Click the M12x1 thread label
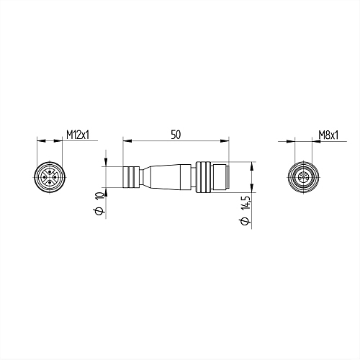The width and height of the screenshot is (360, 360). pyautogui.click(x=78, y=135)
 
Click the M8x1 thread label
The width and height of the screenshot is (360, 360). pyautogui.click(x=328, y=135)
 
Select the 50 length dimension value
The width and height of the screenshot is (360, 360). pyautogui.click(x=176, y=135)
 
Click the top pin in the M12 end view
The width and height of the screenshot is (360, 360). pyautogui.click(x=50, y=171)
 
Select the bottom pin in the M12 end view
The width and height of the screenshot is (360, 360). pyautogui.click(x=50, y=183)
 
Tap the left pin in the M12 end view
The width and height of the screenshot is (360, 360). pyautogui.click(x=44, y=177)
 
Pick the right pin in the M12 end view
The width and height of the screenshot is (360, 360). pyautogui.click(x=55, y=177)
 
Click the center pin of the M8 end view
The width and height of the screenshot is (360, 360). pyautogui.click(x=304, y=178)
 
